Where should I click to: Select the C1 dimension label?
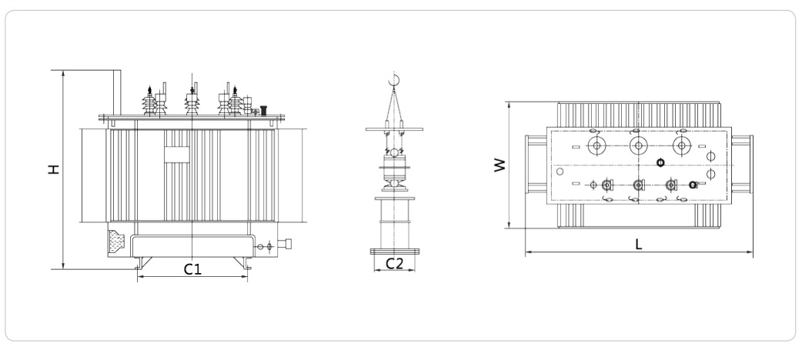coord(192,268)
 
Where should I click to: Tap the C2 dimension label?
coord(394,263)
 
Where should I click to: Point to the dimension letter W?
coord(500,165)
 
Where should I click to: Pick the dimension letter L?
coord(639,244)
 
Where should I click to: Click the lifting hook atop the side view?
coord(394,79)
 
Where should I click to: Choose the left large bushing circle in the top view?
coord(595,145)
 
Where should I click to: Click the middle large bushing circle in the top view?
coord(638,145)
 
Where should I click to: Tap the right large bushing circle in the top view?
coord(680,145)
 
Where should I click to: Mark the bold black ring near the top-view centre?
coord(660,162)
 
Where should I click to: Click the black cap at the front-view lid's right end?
coord(263,110)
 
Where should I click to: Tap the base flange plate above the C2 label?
coord(394,251)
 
